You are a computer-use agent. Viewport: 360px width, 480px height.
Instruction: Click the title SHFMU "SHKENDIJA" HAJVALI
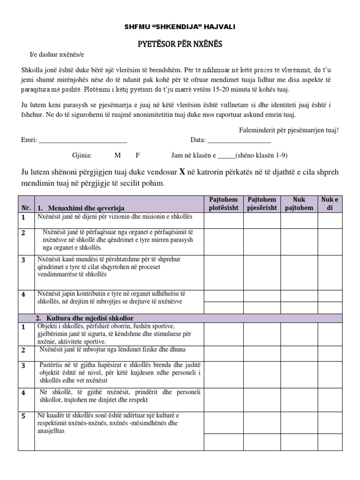(x=180, y=27)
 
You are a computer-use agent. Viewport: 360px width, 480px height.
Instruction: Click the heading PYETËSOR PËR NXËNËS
(x=180, y=45)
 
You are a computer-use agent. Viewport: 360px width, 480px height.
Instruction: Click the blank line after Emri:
(x=82, y=140)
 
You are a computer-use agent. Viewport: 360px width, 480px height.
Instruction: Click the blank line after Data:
(x=239, y=140)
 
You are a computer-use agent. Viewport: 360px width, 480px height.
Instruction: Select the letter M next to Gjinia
(x=117, y=156)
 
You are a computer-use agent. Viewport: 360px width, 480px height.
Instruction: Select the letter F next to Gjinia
(x=138, y=156)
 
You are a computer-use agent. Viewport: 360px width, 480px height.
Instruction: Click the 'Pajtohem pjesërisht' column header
(x=262, y=203)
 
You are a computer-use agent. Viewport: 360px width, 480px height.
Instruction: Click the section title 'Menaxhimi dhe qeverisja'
(x=81, y=208)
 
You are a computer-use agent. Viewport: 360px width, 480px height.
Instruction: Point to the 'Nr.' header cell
(x=25, y=208)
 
